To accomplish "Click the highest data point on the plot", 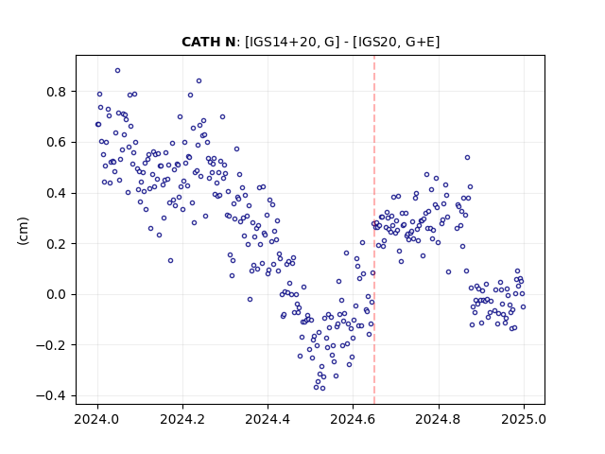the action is tap(117, 71).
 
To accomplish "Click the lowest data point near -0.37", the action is tap(322, 389).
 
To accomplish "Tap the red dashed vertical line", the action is tap(374, 230).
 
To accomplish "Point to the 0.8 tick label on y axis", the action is tap(57, 92).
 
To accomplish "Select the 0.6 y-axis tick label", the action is tap(57, 143).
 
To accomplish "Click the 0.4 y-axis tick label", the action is tap(57, 193).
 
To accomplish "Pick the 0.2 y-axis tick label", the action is tap(57, 244).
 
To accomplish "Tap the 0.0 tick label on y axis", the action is tap(57, 294).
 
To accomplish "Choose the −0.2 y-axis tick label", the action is tap(51, 345).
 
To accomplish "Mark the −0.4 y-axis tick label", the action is tap(51, 396).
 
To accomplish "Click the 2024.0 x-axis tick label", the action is tap(97, 419).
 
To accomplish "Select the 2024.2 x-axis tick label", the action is tap(182, 419).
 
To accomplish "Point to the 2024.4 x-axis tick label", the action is tap(268, 419).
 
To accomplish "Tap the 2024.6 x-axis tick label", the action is tap(353, 419).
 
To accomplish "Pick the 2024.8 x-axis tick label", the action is tap(439, 419).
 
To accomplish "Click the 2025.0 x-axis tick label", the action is tap(524, 419).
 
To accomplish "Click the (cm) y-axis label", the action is tap(23, 231).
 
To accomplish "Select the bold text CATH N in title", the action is tap(208, 42).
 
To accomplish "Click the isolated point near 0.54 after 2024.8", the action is tap(467, 158).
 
